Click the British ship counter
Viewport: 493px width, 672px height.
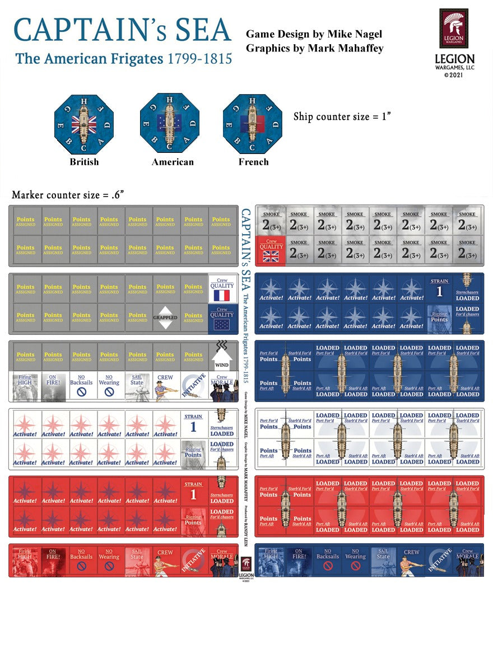click(x=84, y=123)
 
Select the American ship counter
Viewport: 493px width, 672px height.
click(x=170, y=123)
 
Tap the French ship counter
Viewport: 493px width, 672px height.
click(x=252, y=123)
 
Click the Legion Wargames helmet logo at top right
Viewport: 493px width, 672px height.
click(x=454, y=28)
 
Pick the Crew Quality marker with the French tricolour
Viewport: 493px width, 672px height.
click(x=221, y=288)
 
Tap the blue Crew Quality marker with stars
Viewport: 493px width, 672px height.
click(x=221, y=318)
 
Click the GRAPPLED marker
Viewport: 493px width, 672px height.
click(x=165, y=318)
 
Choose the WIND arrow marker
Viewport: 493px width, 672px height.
click(x=221, y=356)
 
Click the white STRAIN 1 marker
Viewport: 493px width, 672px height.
click(x=193, y=423)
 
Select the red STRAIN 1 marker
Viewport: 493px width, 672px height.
click(x=193, y=491)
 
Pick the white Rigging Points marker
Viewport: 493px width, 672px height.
click(x=193, y=452)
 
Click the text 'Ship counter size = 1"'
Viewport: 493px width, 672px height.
click(x=342, y=116)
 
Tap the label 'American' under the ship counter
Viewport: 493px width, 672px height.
click(x=173, y=162)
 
